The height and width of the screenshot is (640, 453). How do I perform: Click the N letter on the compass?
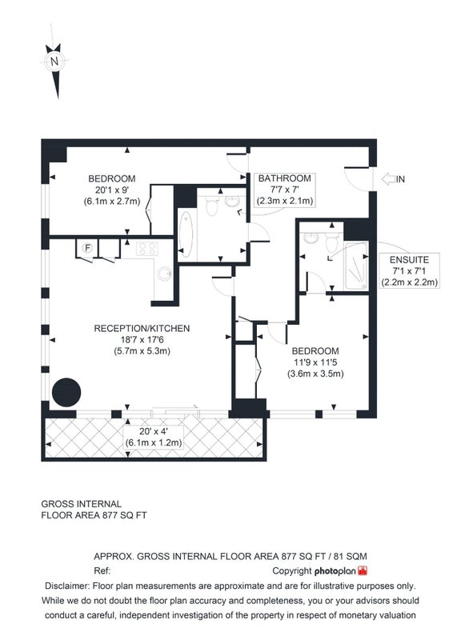[x=54, y=62]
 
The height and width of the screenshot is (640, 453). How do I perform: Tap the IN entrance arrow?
[x=388, y=178]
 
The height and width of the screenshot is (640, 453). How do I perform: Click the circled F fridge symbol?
[x=87, y=248]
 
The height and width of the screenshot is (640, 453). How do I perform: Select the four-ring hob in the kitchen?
[x=147, y=249]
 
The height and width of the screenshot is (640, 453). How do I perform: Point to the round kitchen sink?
[x=165, y=274]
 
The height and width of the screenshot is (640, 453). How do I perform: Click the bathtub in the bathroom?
[x=186, y=234]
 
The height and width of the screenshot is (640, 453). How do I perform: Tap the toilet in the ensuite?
[x=332, y=242]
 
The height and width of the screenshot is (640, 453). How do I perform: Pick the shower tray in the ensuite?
[x=356, y=266]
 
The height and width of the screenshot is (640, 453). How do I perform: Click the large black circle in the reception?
[x=66, y=392]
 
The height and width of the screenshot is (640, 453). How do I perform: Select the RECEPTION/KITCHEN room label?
[x=142, y=329]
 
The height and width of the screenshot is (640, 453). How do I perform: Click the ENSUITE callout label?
[x=409, y=260]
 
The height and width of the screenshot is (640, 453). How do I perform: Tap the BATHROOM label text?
[x=285, y=178]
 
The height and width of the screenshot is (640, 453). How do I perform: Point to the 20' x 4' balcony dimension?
[x=153, y=431]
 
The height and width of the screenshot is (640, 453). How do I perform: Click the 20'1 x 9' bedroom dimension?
[x=112, y=190]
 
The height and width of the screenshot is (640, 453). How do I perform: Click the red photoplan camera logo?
[x=363, y=570]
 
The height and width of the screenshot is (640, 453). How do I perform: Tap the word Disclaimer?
[x=67, y=586]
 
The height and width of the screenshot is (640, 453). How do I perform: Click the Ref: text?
[x=102, y=570]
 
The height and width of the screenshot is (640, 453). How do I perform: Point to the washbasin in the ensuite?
[x=311, y=238]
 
